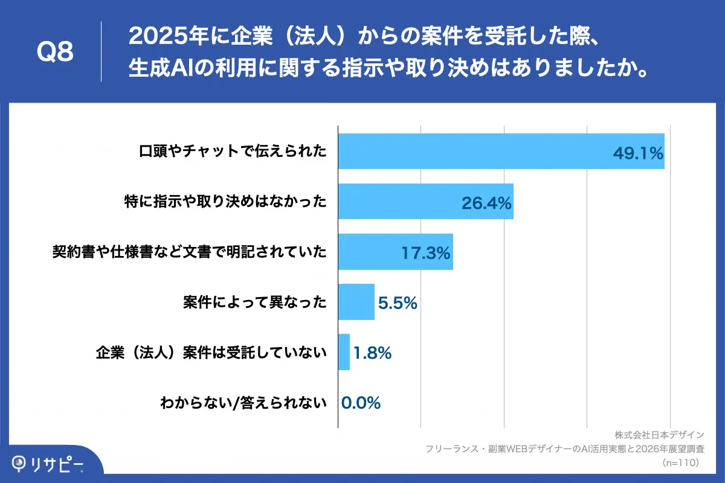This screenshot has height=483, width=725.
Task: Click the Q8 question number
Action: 55,53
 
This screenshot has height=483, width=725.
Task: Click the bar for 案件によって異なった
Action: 356,302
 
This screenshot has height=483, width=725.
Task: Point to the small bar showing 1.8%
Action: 344,352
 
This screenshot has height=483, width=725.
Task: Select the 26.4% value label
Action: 487,203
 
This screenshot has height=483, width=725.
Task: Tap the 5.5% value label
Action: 398,303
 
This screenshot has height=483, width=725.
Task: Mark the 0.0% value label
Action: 361,403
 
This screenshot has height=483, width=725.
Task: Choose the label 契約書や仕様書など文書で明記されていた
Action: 190,252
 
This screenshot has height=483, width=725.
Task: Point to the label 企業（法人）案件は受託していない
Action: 211,352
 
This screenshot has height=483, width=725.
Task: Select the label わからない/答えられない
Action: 243,403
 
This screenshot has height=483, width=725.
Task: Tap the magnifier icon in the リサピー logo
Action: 21,464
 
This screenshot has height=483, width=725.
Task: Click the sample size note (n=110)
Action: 680,462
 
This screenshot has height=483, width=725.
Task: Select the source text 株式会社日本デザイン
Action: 660,435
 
